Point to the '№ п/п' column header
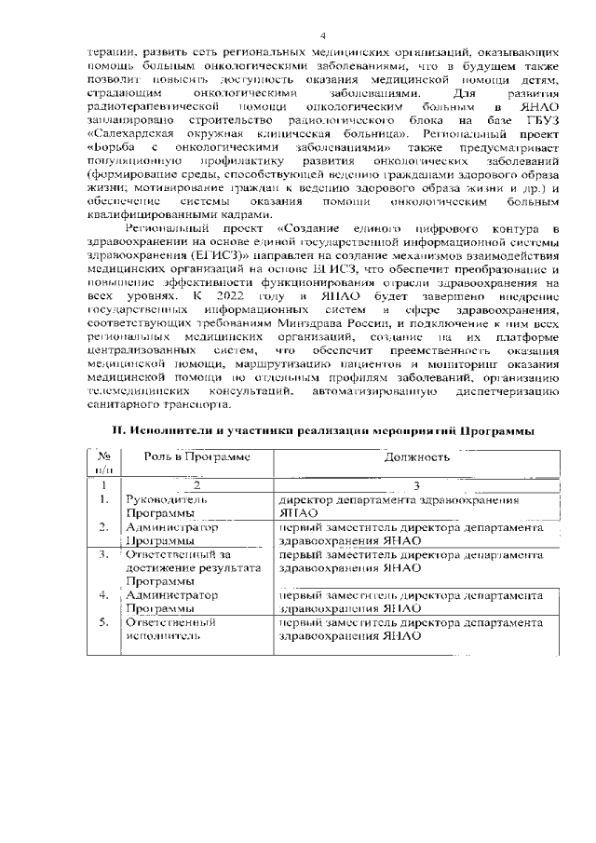pyautogui.click(x=104, y=464)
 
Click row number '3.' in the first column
pyautogui.click(x=104, y=555)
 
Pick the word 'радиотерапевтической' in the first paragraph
pyautogui.click(x=146, y=108)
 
